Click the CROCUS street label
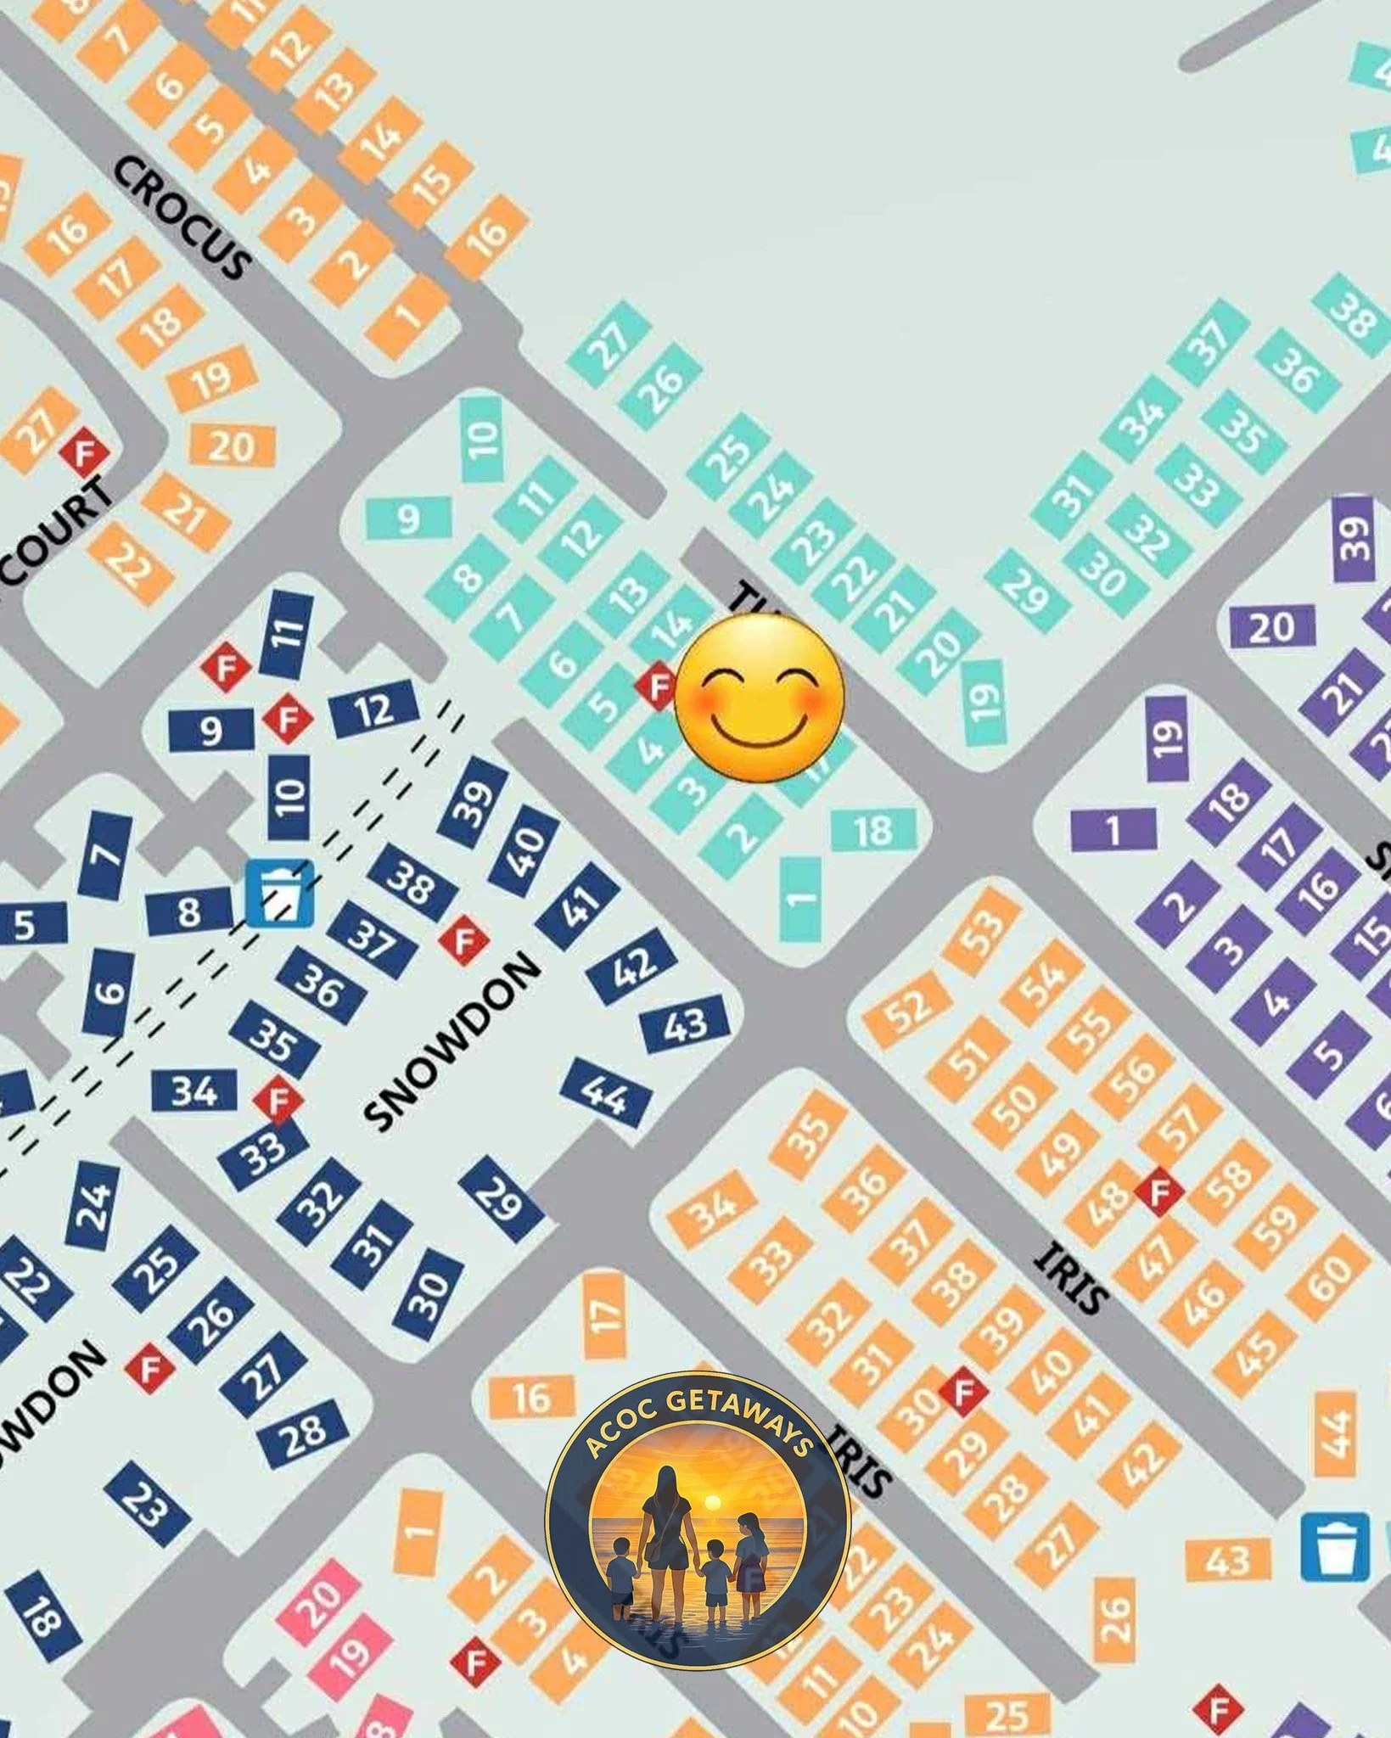coord(182,217)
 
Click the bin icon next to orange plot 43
coord(1335,1547)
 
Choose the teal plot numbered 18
coord(873,830)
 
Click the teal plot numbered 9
coord(408,518)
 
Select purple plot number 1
coord(1113,830)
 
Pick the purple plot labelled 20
coord(1271,627)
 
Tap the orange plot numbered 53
coord(981,932)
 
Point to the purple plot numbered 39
coord(1353,539)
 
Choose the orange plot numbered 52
coord(907,1009)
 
